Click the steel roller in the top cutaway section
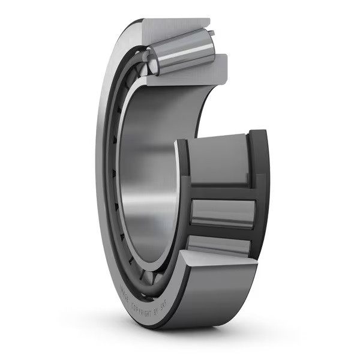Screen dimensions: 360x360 pos(183,51)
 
